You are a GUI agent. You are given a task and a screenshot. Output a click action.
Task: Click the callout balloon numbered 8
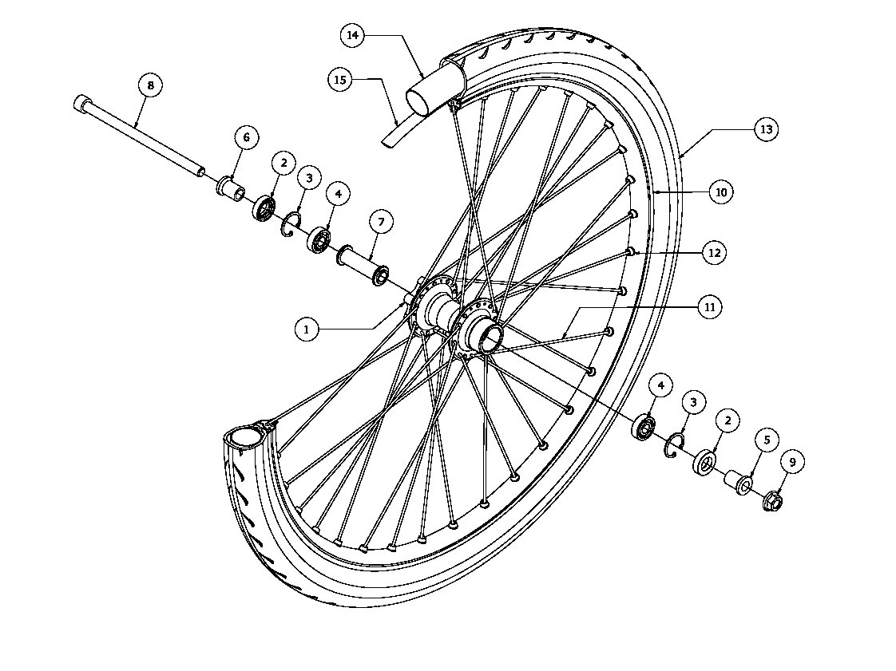pyautogui.click(x=150, y=85)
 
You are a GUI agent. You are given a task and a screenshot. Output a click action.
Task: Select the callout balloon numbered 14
pyautogui.click(x=353, y=35)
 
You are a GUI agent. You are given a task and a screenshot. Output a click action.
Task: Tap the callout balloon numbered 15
pyautogui.click(x=340, y=79)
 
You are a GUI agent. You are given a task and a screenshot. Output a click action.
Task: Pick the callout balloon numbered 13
pyautogui.click(x=767, y=129)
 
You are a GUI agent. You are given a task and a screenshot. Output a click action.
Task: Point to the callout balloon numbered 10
pyautogui.click(x=721, y=192)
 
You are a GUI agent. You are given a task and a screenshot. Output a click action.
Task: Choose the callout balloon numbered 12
pyautogui.click(x=714, y=252)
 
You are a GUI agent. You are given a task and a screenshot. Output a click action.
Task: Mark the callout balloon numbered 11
pyautogui.click(x=710, y=307)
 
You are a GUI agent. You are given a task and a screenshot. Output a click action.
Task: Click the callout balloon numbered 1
pyautogui.click(x=307, y=330)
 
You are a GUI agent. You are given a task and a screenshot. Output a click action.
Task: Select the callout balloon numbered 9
pyautogui.click(x=792, y=462)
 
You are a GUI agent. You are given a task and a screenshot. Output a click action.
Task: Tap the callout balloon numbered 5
pyautogui.click(x=767, y=440)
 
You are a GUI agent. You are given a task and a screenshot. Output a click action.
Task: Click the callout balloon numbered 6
pyautogui.click(x=246, y=137)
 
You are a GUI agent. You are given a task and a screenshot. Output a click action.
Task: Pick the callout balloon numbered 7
pyautogui.click(x=381, y=222)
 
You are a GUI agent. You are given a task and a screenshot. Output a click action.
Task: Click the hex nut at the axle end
pyautogui.click(x=772, y=501)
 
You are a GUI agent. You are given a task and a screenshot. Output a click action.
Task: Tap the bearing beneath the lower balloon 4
pyautogui.click(x=644, y=427)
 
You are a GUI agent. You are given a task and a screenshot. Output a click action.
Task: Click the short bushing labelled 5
pyautogui.click(x=739, y=481)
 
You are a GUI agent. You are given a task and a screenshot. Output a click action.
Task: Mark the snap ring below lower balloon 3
pyautogui.click(x=676, y=445)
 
